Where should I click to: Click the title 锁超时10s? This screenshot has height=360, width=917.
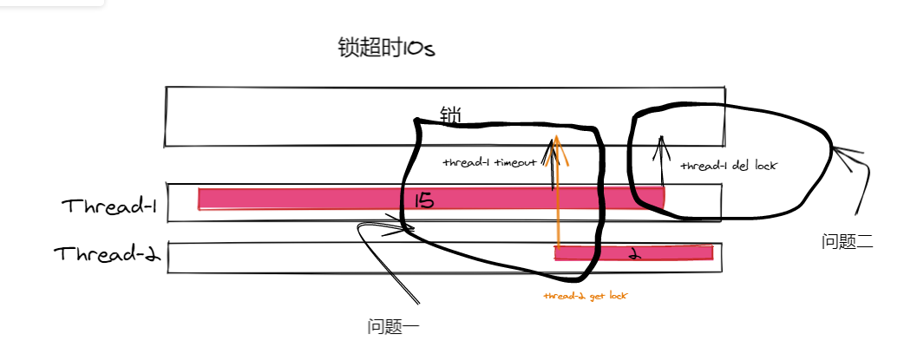pos(386,48)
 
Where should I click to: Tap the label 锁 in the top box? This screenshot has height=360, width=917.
pos(450,115)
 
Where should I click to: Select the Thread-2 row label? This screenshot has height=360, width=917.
pos(108,254)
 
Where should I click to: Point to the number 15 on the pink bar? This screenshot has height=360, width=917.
pos(424,201)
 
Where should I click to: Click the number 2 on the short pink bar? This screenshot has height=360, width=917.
pos(634,254)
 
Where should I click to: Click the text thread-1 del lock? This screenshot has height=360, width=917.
pos(727,165)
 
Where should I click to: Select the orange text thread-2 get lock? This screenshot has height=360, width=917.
pos(586,296)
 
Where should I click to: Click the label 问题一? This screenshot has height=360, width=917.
pos(393,327)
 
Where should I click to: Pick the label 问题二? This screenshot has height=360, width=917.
pos(847,242)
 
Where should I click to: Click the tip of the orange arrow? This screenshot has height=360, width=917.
pos(556,136)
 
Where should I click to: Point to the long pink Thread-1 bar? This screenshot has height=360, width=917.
pos(304,199)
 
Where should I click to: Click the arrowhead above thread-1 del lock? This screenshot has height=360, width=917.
pos(662,138)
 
